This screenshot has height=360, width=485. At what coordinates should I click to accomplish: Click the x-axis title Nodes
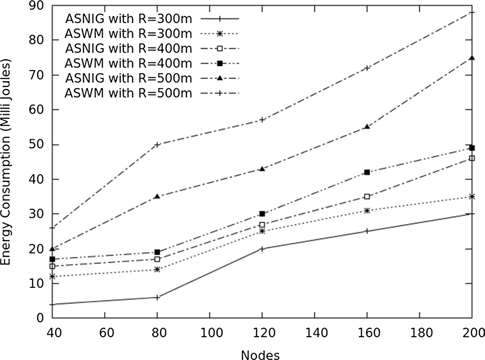[262, 354]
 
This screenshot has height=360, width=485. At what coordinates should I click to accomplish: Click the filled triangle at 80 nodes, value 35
[157, 196]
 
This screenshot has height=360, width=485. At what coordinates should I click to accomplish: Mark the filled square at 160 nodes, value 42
[367, 172]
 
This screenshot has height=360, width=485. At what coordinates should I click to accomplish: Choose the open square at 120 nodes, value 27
[262, 225]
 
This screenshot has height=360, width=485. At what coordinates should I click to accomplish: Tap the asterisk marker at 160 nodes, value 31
[367, 211]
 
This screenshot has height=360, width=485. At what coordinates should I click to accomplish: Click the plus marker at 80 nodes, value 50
[157, 145]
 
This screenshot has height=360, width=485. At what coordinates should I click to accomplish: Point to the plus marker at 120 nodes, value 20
[262, 249]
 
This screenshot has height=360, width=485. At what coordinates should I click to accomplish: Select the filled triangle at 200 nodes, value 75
[472, 58]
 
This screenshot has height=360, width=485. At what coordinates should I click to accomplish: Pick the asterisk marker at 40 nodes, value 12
[53, 276]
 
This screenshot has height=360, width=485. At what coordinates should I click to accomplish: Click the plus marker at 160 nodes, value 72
[367, 68]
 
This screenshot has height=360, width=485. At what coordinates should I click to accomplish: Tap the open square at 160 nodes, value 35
[367, 196]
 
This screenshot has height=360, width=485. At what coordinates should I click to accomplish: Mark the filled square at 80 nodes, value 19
[157, 252]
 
